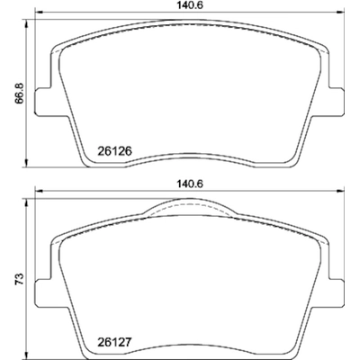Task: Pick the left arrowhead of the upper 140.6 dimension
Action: tap(36, 16)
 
